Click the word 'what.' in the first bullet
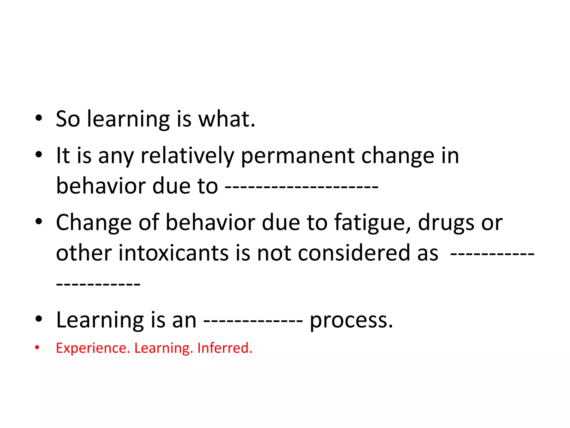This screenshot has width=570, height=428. click(227, 119)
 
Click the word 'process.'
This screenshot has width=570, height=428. click(351, 320)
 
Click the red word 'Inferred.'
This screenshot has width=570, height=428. click(225, 348)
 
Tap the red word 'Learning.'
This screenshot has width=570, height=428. click(164, 348)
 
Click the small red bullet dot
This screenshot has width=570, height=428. click(37, 347)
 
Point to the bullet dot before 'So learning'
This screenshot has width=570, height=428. click(39, 118)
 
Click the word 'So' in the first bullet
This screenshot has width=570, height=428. click(68, 119)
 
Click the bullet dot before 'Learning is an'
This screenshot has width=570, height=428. click(39, 319)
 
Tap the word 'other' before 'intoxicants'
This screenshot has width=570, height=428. click(84, 253)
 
